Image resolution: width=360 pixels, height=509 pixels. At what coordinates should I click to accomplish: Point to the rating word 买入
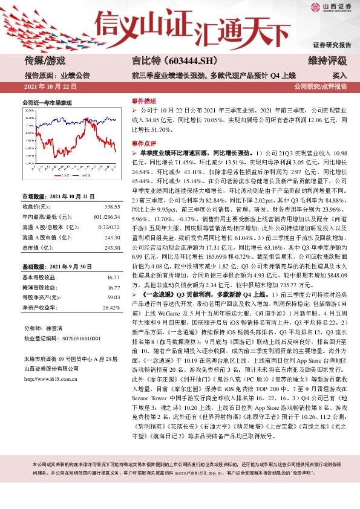pyautogui.click(x=339, y=76)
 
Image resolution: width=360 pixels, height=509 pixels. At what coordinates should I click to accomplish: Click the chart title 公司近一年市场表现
pyautogui.click(x=47, y=103)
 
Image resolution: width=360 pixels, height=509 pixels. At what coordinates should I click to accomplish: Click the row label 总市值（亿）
pyautogui.click(x=41, y=247)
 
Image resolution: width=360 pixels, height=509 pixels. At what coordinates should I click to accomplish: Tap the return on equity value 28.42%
pyautogui.click(x=111, y=308)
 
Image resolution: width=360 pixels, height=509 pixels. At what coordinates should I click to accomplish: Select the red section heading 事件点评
pyautogui.click(x=143, y=144)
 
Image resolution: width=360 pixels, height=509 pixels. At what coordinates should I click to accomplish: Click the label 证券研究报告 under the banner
pyautogui.click(x=332, y=45)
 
